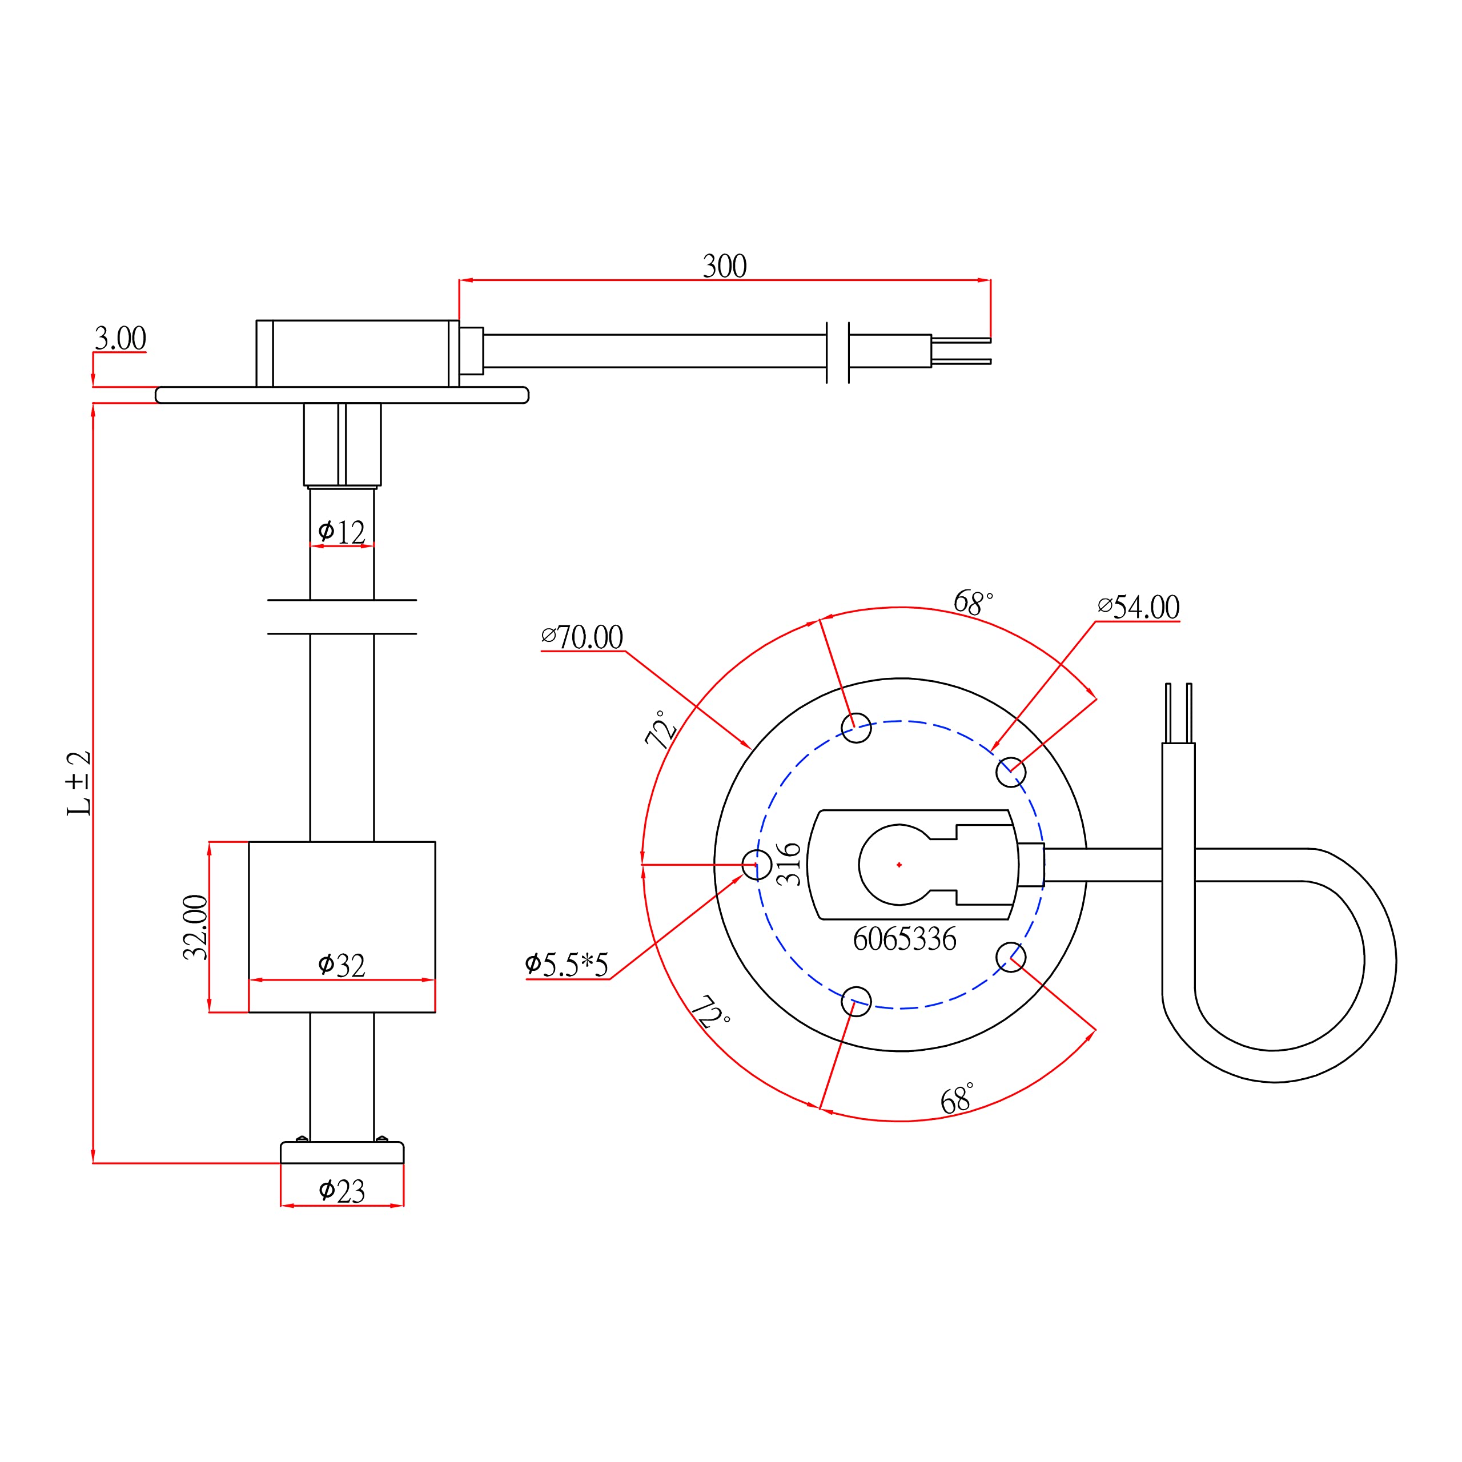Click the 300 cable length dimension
pyautogui.click(x=724, y=266)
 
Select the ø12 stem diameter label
pyautogui.click(x=342, y=532)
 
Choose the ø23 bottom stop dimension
pyautogui.click(x=342, y=1191)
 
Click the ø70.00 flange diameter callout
pyautogui.click(x=582, y=637)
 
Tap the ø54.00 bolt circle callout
pyautogui.click(x=1138, y=607)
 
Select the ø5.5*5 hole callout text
pyautogui.click(x=567, y=965)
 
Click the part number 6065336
pyautogui.click(x=904, y=939)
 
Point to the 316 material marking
pyautogui.click(x=789, y=863)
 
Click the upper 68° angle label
pyautogui.click(x=973, y=603)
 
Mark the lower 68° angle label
pyautogui.click(x=957, y=1098)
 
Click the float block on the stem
pyautogui.click(x=342, y=927)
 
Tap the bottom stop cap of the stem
pyautogui.click(x=342, y=1152)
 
